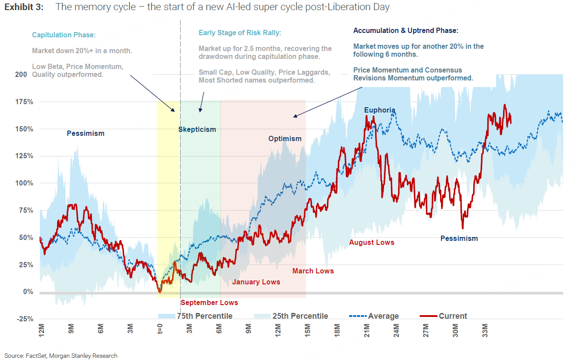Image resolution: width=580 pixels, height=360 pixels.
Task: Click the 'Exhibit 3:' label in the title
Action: pyautogui.click(x=24, y=7)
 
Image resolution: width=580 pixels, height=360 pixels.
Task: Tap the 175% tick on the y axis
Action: pyautogui.click(x=25, y=102)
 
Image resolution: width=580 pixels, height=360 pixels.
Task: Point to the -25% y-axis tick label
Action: pyautogui.click(x=24, y=319)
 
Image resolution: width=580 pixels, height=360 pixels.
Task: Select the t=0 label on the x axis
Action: pyautogui.click(x=160, y=329)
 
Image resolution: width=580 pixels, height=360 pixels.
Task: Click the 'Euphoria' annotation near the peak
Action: pyautogui.click(x=380, y=110)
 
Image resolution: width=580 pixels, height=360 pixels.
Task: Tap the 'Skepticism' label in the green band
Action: pyautogui.click(x=197, y=129)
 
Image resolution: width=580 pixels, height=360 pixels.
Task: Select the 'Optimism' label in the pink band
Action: pyautogui.click(x=285, y=139)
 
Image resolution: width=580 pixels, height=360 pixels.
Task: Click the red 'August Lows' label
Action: pyautogui.click(x=372, y=242)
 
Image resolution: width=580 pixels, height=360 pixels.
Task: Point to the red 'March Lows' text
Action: pyautogui.click(x=313, y=271)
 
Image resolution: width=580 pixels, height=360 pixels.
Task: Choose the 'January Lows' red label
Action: pyautogui.click(x=256, y=282)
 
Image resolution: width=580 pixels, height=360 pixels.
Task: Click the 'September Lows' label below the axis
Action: pyautogui.click(x=209, y=302)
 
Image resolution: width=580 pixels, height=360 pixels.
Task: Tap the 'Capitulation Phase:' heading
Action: pyautogui.click(x=64, y=35)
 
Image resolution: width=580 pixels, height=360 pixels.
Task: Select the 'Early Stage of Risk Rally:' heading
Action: pyautogui.click(x=240, y=33)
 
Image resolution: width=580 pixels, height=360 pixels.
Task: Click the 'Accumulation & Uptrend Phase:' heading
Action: pyautogui.click(x=406, y=31)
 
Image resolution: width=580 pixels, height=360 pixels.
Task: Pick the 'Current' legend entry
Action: pyautogui.click(x=443, y=316)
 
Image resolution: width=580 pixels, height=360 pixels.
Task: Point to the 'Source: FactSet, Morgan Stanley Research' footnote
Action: pyautogui.click(x=61, y=356)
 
